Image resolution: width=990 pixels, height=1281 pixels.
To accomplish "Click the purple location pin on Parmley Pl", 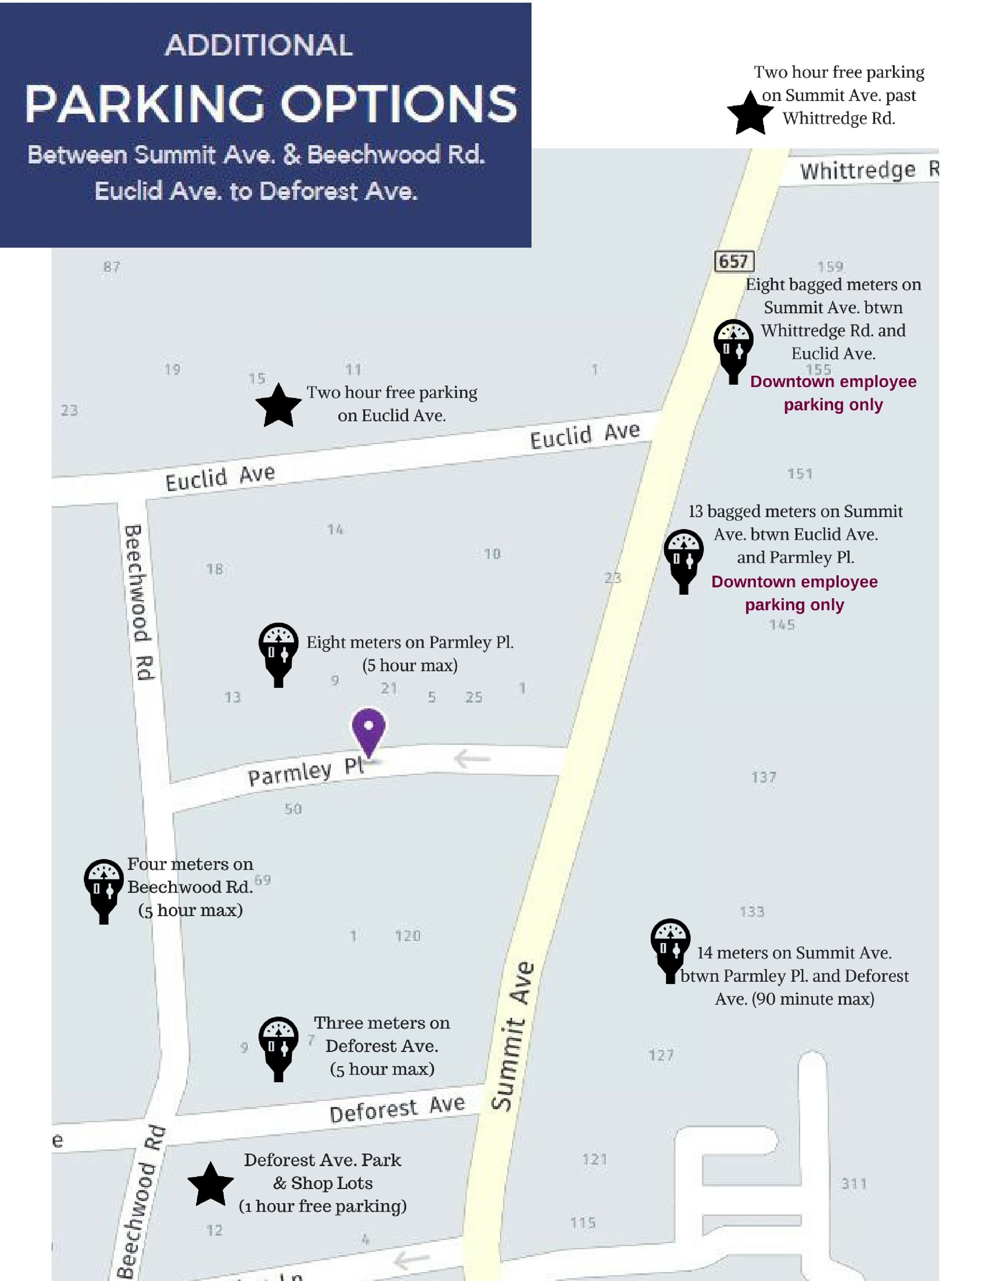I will coord(368,730).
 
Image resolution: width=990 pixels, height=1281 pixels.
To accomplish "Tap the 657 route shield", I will coord(734,261).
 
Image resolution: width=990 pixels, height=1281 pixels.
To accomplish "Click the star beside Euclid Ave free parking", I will coord(278,406).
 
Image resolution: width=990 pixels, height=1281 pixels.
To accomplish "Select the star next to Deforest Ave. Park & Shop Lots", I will coord(210,1185).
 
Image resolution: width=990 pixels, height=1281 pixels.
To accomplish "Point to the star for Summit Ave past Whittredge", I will coord(750,114).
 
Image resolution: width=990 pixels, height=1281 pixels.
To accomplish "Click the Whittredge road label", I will coord(868,170).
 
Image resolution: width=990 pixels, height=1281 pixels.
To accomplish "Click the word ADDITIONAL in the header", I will coord(259,45).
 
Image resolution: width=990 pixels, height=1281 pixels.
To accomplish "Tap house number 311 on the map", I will coord(853,1183).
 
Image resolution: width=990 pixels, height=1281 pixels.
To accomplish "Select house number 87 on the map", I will coord(111,267).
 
